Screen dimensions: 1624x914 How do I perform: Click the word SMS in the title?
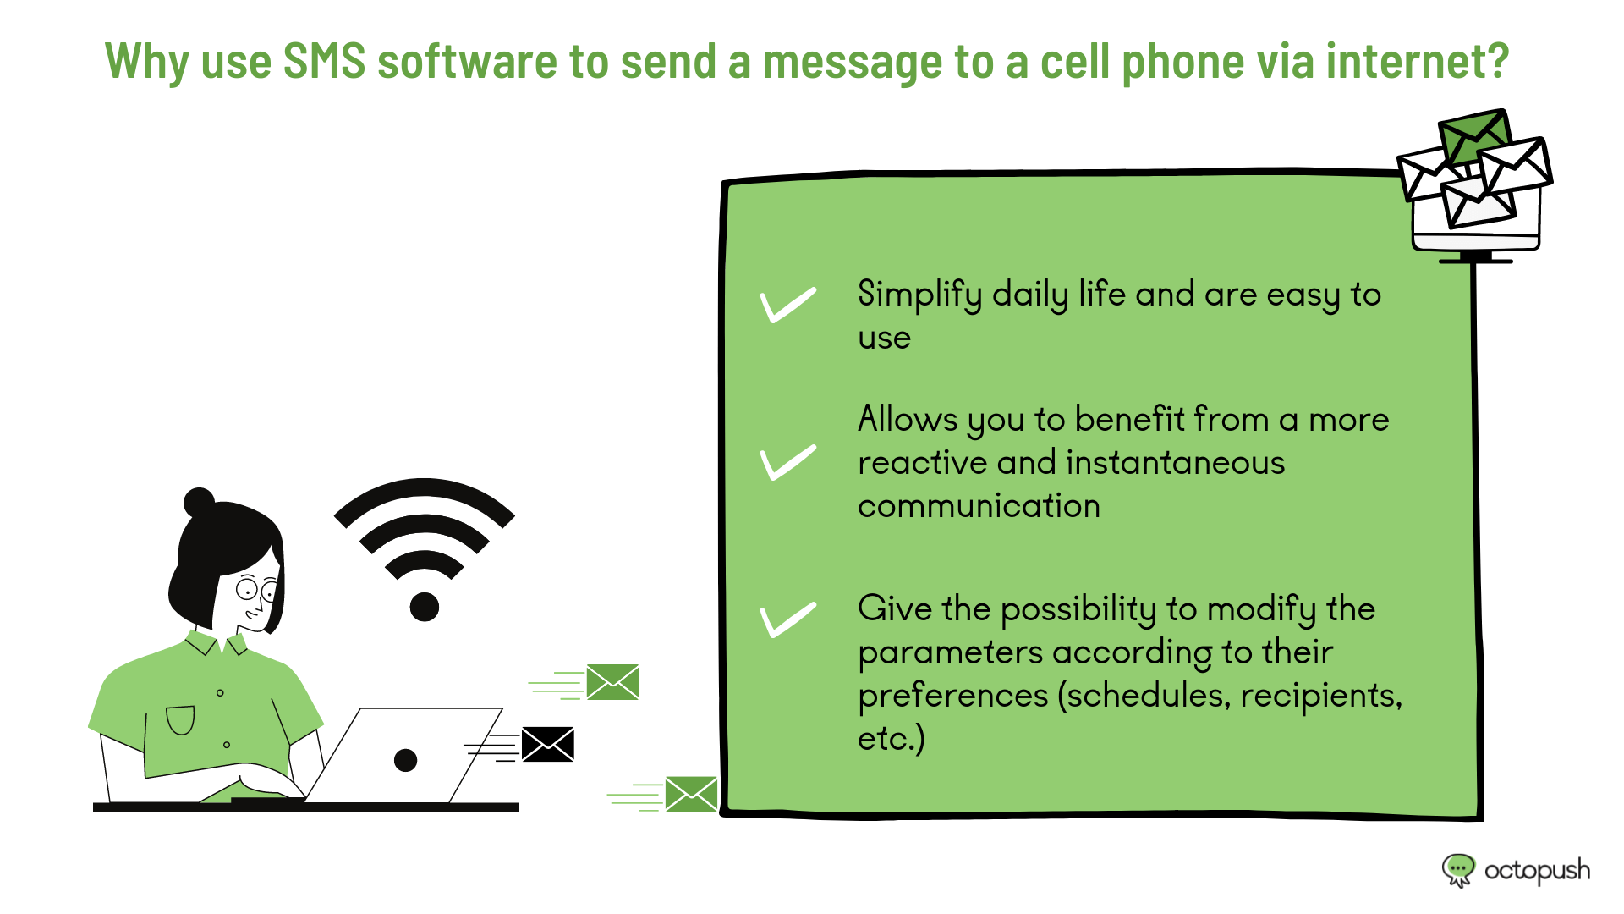pyautogui.click(x=324, y=61)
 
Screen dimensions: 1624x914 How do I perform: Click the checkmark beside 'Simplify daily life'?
pyautogui.click(x=787, y=306)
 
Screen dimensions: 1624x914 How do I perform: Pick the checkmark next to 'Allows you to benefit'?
pyautogui.click(x=787, y=462)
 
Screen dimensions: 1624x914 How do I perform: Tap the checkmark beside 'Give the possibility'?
pyautogui.click(x=787, y=619)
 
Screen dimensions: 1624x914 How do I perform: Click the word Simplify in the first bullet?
pyautogui.click(x=919, y=295)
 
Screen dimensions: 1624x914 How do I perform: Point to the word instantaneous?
pyautogui.click(x=1176, y=463)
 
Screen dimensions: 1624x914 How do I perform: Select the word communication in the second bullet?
pyautogui.click(x=979, y=506)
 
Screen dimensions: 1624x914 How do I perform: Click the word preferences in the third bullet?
pyautogui.click(x=952, y=697)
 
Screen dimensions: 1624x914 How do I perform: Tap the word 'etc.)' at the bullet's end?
pyautogui.click(x=892, y=739)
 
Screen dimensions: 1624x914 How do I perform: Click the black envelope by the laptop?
pyautogui.click(x=547, y=744)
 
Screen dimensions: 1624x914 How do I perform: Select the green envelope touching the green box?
pyautogui.click(x=691, y=794)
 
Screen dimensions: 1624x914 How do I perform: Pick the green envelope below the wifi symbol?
pyautogui.click(x=612, y=682)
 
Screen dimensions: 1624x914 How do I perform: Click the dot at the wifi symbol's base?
pyautogui.click(x=425, y=607)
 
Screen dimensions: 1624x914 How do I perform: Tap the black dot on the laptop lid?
pyautogui.click(x=406, y=760)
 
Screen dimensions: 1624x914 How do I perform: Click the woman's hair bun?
pyautogui.click(x=200, y=503)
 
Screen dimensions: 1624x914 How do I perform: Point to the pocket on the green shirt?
pyautogui.click(x=180, y=720)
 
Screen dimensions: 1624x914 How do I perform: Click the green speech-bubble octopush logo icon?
pyautogui.click(x=1458, y=870)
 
